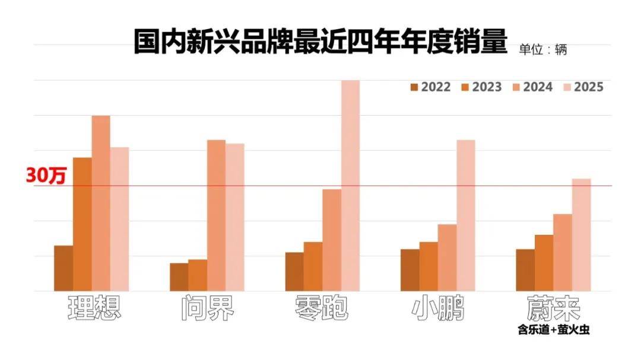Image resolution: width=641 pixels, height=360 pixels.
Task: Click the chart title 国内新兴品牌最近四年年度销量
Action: (320, 41)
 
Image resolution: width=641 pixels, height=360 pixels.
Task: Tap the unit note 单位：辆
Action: (543, 50)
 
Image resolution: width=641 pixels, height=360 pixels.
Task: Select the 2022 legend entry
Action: (430, 87)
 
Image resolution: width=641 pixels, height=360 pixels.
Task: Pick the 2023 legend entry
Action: (481, 87)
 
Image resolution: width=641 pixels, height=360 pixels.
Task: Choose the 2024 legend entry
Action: (532, 87)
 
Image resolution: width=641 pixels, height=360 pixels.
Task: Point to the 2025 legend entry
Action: (583, 87)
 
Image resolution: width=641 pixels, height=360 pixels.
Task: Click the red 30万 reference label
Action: (46, 176)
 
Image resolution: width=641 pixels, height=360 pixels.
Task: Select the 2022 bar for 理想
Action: (64, 269)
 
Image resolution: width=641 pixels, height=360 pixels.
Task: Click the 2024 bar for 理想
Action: (100, 203)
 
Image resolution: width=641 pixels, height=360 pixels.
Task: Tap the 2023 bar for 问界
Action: (198, 275)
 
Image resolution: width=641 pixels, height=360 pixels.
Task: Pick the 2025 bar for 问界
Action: (234, 218)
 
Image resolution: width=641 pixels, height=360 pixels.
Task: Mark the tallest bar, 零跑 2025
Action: (350, 186)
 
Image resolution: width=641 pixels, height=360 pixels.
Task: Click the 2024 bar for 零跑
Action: (332, 240)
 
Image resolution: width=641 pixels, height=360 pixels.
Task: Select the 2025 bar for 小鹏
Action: (466, 216)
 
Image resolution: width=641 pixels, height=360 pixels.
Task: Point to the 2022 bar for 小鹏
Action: (410, 270)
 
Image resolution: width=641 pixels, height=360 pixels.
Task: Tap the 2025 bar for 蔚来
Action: (581, 235)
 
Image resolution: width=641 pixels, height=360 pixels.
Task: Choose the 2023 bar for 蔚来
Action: (544, 263)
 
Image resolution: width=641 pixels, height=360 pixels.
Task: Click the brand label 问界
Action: (208, 308)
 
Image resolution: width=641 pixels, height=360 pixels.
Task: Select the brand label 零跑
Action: (321, 308)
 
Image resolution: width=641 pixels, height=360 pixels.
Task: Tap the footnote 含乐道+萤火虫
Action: (554, 330)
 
